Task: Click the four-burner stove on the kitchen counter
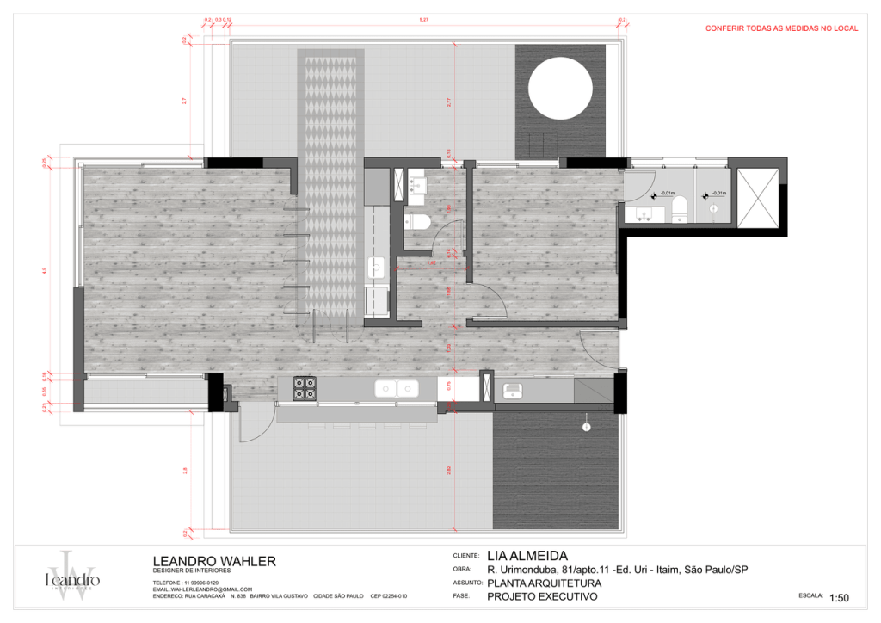click(x=305, y=388)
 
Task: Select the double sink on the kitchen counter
click(x=397, y=389)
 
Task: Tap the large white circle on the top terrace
click(x=560, y=91)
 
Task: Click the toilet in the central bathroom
click(x=419, y=223)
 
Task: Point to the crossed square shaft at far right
click(x=758, y=198)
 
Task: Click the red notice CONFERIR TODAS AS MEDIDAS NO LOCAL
click(x=781, y=28)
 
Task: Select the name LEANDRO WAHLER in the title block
click(x=214, y=561)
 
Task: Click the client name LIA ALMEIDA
click(x=527, y=556)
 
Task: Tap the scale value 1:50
click(x=839, y=597)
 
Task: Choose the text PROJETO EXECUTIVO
click(x=542, y=595)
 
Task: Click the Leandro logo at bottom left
click(x=72, y=575)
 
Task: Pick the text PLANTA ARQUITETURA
click(x=544, y=583)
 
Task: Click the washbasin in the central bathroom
click(x=418, y=183)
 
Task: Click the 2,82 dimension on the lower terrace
click(x=448, y=470)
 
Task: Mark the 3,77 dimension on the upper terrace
click(x=448, y=102)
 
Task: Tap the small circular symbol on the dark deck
click(x=587, y=427)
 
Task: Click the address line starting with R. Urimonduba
click(x=617, y=570)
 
